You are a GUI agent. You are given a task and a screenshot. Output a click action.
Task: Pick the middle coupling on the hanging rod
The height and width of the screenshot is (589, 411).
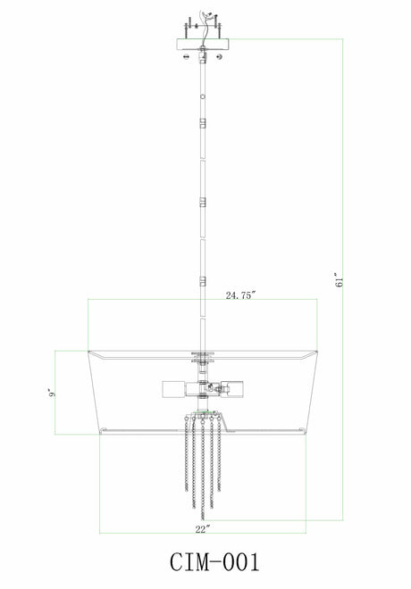click(x=204, y=201)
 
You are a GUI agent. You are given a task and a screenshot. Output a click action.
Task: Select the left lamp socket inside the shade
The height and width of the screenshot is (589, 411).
click(x=173, y=389)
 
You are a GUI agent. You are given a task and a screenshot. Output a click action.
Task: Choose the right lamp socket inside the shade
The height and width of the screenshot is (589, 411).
click(x=233, y=389)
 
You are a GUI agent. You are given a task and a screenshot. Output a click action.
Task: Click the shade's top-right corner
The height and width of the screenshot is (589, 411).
click(x=319, y=353)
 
